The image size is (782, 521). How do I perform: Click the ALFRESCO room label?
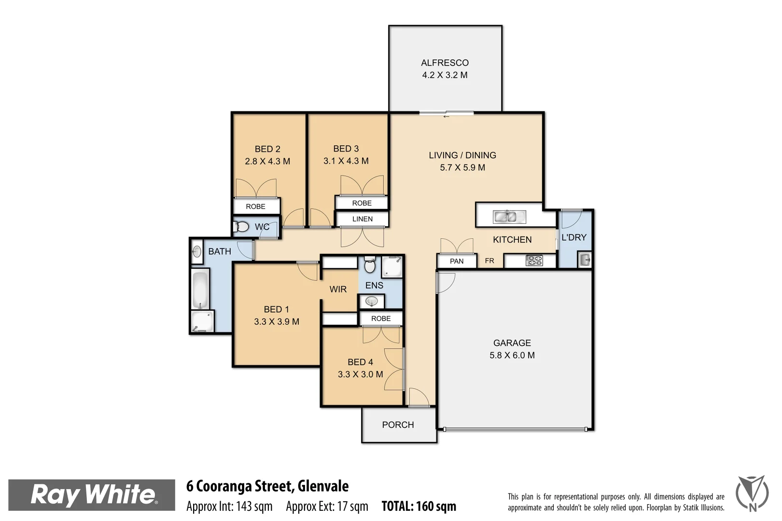(x=445, y=63)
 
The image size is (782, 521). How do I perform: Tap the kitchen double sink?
(x=505, y=217)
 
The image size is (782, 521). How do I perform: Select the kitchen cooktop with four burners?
(x=534, y=261)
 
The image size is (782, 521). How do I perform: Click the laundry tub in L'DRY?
(x=585, y=260)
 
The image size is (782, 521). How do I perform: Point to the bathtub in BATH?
(x=200, y=290)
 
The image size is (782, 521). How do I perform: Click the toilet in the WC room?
(x=241, y=226)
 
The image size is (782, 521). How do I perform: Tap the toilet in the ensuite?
(x=370, y=265)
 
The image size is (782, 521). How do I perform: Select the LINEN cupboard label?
(x=362, y=219)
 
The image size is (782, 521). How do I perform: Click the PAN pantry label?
(x=456, y=261)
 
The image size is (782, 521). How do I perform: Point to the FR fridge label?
(x=489, y=261)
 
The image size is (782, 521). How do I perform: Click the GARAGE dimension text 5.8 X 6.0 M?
(x=512, y=356)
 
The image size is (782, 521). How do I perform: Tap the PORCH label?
(x=398, y=425)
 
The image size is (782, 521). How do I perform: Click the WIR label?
(x=338, y=289)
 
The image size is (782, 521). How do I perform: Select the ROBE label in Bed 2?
(x=255, y=206)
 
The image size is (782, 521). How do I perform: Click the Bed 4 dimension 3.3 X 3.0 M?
(x=360, y=374)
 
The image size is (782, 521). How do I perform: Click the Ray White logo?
(x=92, y=495)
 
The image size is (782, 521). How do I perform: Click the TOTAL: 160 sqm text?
(x=419, y=506)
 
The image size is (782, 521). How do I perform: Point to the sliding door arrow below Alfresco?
(x=446, y=116)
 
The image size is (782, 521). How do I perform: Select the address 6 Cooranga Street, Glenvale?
(x=267, y=486)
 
